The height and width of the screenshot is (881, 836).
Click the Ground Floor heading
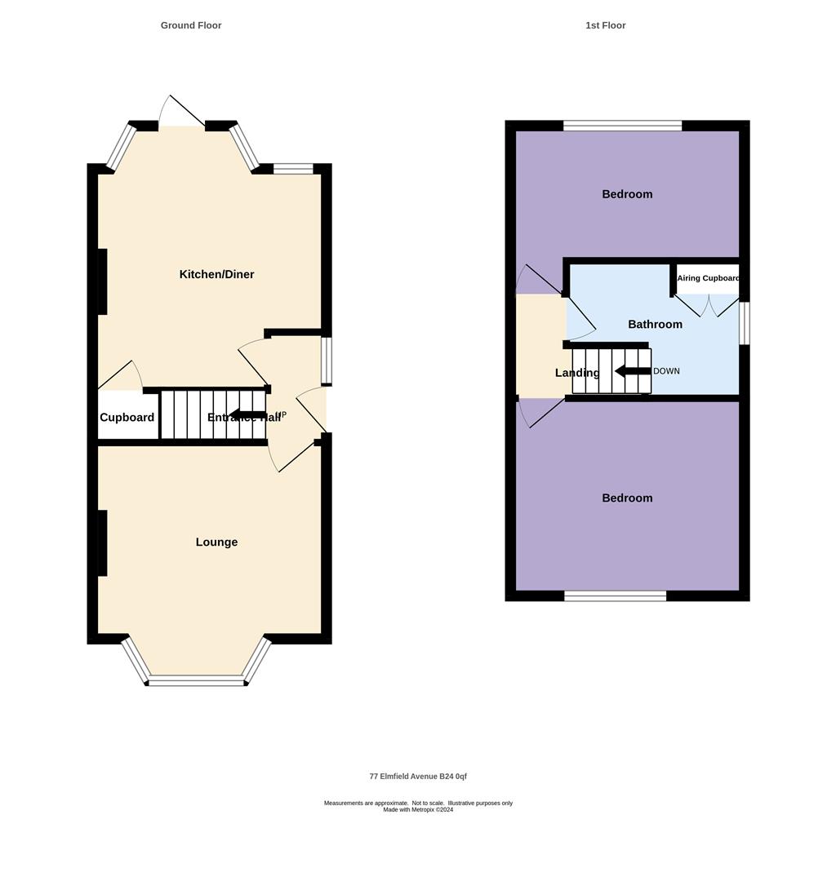[x=190, y=25]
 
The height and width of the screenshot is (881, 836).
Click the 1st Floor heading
[x=605, y=25]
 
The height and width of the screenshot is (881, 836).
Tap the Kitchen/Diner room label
[x=216, y=275]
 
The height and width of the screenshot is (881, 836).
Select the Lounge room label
[x=216, y=542]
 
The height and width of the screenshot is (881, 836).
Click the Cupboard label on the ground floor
[x=127, y=418]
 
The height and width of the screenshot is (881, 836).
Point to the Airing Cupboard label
[x=708, y=278]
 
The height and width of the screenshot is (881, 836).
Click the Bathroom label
[x=655, y=325]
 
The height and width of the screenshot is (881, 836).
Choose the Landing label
[x=577, y=373]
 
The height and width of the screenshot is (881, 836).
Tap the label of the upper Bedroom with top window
[x=627, y=194]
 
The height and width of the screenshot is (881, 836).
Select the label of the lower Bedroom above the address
[x=627, y=498]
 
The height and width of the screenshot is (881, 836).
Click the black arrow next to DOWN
[x=632, y=371]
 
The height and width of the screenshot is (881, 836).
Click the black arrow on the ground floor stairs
[x=247, y=415]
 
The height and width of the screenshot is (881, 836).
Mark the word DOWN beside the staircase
[x=666, y=371]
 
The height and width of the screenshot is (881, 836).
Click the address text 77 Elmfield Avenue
[x=418, y=777]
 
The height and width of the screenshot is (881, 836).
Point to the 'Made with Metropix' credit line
[x=418, y=810]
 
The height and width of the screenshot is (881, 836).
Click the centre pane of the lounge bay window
[x=196, y=681]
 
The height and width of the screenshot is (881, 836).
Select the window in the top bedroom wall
[x=622, y=126]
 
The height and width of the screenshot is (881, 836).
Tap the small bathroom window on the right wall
[x=744, y=323]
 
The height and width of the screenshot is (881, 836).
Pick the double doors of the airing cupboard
[x=708, y=305]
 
